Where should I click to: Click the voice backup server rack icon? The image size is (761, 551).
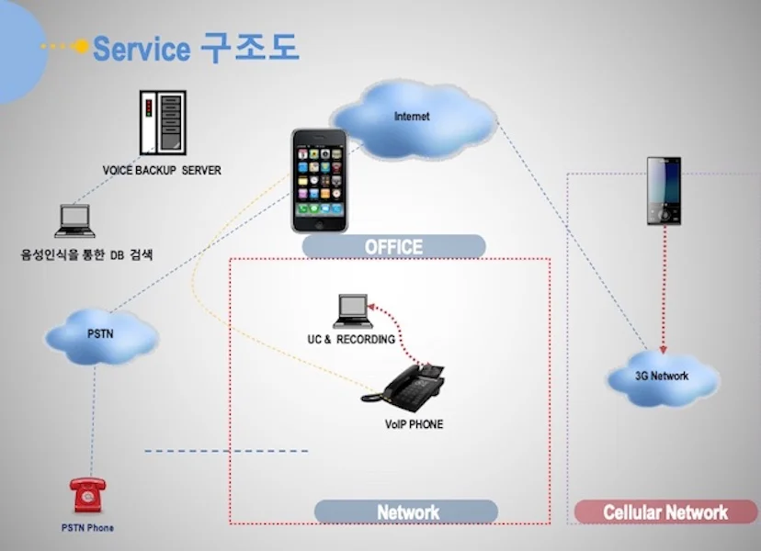(162, 122)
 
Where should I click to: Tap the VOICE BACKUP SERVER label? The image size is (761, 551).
(162, 171)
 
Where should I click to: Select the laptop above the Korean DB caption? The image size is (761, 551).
(74, 220)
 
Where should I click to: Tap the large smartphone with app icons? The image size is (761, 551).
(319, 179)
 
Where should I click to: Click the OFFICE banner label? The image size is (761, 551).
(393, 246)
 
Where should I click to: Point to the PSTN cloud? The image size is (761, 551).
(100, 334)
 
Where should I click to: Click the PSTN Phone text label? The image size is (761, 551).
(88, 528)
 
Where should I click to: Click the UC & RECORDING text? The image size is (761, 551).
(351, 340)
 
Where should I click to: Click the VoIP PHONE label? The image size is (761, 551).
(414, 424)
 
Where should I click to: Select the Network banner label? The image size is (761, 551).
(407, 512)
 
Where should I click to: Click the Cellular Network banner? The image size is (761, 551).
(664, 512)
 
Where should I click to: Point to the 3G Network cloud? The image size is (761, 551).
(662, 377)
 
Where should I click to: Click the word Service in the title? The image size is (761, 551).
(142, 49)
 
